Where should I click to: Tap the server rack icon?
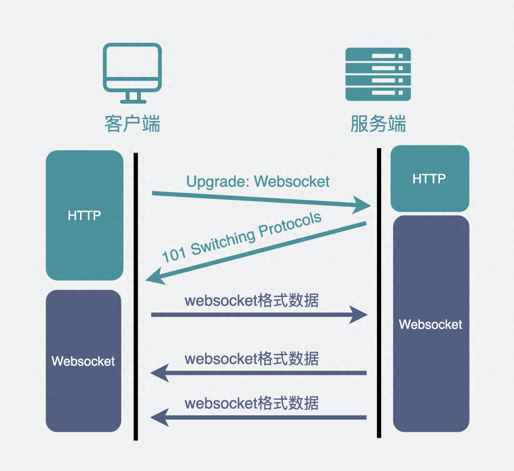[x=378, y=74]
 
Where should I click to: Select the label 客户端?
[x=133, y=123]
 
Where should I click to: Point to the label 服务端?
[x=378, y=123]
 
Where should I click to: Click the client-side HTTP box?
[x=84, y=216]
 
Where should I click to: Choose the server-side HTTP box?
[x=429, y=179]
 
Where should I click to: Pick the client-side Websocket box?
[x=83, y=361]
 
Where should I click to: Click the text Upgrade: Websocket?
[x=258, y=181]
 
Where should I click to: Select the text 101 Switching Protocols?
[x=242, y=237]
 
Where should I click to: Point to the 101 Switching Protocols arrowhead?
[x=155, y=276]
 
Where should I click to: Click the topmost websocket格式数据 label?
[x=252, y=301]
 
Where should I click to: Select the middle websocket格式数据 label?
[x=252, y=359]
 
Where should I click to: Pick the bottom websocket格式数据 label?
[x=252, y=403]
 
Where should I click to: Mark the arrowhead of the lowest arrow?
[x=159, y=417]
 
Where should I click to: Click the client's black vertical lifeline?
[x=136, y=295]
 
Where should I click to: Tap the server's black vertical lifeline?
[x=379, y=293]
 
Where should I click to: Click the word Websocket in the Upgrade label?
[x=292, y=181]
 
